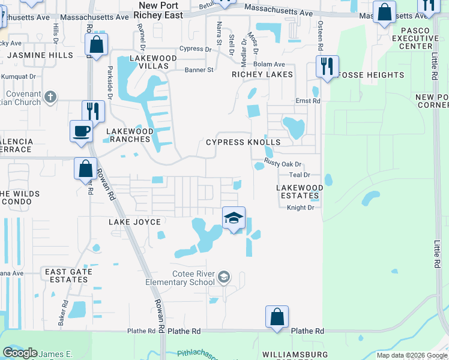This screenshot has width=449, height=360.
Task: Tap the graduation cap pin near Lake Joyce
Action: tap(234, 218)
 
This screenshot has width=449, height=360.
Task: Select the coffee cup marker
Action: tap(81, 131)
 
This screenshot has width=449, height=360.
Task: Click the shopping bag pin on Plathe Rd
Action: tap(277, 317)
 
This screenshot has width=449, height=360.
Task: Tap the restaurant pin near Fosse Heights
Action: tap(327, 66)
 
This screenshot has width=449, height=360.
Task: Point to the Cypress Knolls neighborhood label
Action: tap(243, 142)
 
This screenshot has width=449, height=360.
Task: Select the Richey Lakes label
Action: tap(262, 74)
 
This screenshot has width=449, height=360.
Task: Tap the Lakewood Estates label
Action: tap(300, 191)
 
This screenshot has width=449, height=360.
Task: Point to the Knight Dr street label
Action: tap(300, 208)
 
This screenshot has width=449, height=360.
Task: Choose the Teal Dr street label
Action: tap(299, 175)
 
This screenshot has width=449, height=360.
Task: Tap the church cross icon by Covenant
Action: tap(51, 96)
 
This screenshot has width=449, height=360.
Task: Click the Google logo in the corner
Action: tap(20, 352)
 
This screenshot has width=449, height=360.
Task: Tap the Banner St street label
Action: tap(198, 70)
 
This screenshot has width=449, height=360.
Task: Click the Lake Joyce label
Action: tap(135, 222)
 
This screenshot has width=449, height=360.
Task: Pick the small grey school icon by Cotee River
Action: tap(224, 277)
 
